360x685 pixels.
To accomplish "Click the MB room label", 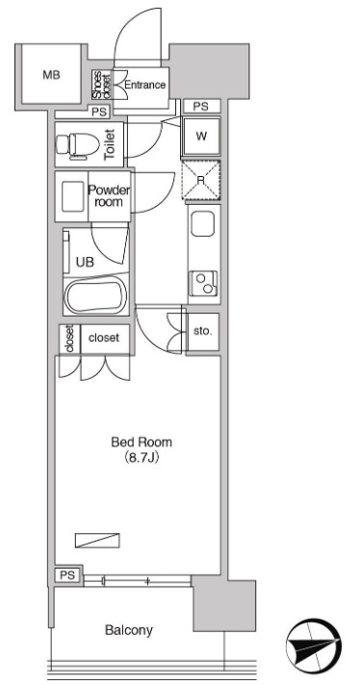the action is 51,75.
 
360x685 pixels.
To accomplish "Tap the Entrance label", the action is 145,85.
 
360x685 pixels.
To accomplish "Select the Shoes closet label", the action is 102,85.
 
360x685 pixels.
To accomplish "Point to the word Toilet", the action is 110,144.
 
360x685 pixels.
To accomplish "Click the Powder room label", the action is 109,196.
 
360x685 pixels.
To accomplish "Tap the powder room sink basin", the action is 71,196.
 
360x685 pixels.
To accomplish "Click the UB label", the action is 85,262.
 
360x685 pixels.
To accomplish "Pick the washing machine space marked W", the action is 201,136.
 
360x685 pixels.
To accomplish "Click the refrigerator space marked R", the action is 201,180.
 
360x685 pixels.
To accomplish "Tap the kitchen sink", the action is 203,224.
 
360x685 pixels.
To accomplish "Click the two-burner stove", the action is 204,283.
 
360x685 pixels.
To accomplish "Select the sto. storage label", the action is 203,331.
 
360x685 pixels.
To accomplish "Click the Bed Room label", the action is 141,443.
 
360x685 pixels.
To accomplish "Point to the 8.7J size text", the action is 141,458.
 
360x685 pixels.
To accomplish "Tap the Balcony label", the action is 129,630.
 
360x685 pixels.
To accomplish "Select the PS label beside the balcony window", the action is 67,574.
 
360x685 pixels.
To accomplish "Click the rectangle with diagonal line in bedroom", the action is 97,541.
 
